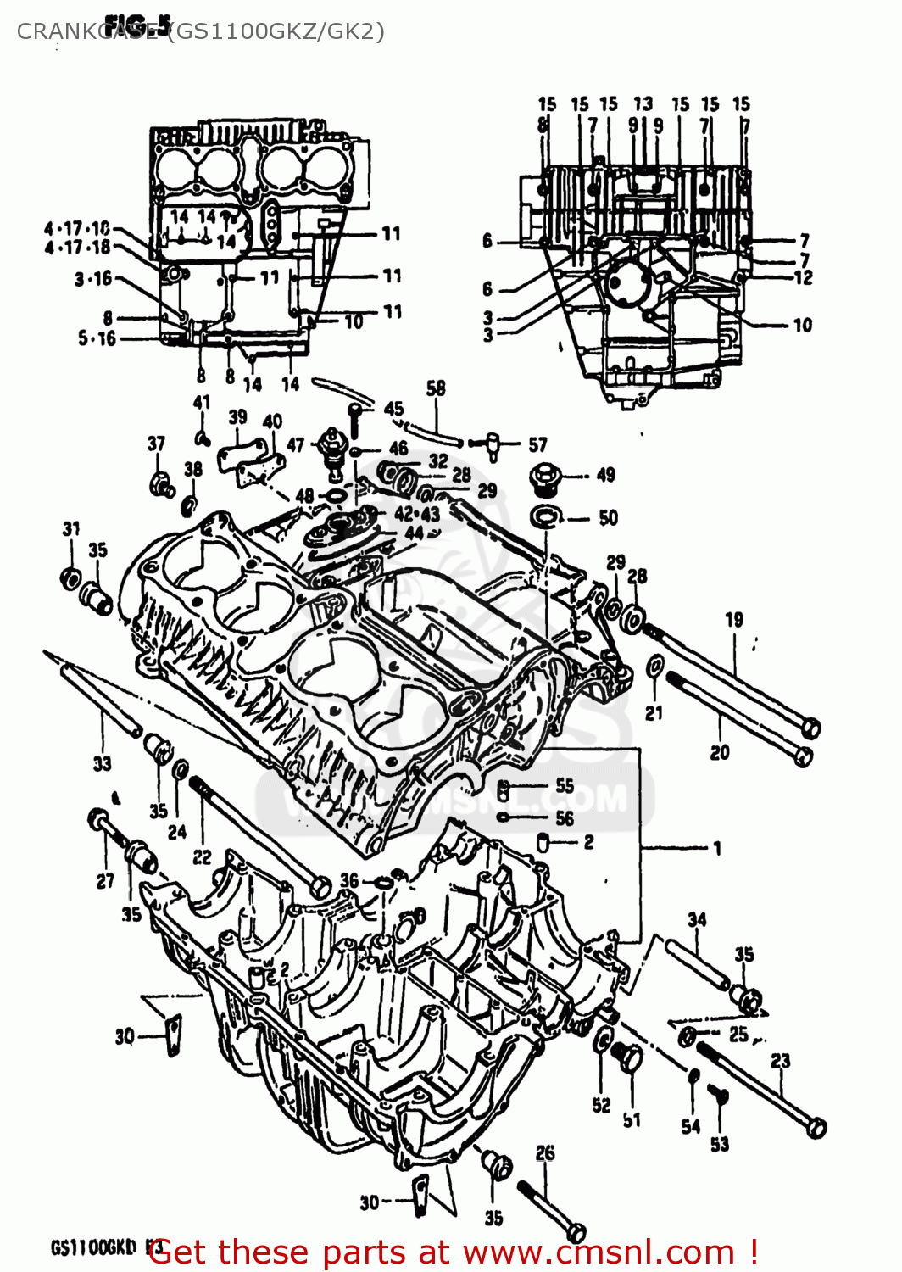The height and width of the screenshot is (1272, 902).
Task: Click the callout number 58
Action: click(x=436, y=388)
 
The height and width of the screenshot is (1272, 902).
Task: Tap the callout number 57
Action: click(x=537, y=444)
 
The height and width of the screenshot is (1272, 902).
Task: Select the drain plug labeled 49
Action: click(x=542, y=477)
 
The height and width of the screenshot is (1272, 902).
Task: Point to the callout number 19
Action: click(x=734, y=620)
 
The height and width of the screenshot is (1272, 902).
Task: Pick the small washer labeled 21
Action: click(x=654, y=667)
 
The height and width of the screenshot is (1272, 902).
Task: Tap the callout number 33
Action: click(x=102, y=763)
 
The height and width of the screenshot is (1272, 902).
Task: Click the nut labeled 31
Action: click(x=71, y=578)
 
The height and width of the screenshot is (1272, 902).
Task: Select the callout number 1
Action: click(x=717, y=847)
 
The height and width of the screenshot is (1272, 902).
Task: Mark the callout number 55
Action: click(x=565, y=785)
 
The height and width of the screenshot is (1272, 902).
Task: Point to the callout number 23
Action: click(x=780, y=1061)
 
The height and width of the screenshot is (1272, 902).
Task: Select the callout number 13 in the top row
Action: click(x=643, y=103)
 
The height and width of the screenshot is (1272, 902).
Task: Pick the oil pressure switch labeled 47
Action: click(x=330, y=450)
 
